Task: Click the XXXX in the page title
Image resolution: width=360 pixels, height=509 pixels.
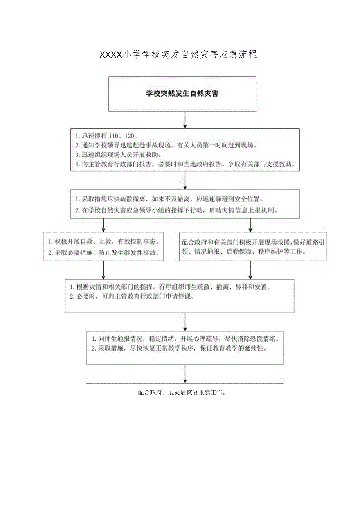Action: (112, 55)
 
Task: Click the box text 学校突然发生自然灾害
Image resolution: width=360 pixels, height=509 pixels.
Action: (182, 94)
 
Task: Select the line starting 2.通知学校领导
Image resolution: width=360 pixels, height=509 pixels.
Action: (166, 146)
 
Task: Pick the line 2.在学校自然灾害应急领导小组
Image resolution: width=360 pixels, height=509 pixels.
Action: (176, 210)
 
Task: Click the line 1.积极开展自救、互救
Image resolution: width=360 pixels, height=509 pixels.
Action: (104, 241)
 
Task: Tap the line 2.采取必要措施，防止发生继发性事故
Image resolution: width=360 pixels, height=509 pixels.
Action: (104, 253)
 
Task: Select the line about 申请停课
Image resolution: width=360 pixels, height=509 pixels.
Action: (132, 297)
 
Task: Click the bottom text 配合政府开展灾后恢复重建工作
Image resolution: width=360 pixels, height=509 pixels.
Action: (182, 392)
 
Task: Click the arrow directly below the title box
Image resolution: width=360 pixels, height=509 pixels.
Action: (185, 120)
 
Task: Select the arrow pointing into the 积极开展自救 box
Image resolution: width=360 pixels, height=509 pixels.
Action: (103, 225)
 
